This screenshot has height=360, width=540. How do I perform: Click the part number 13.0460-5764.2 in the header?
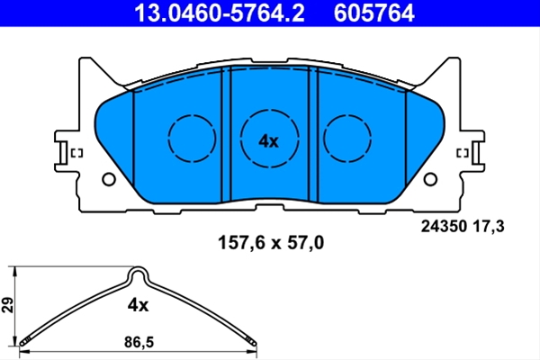(x=220, y=13)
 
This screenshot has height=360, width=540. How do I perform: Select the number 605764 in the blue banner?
(x=374, y=13)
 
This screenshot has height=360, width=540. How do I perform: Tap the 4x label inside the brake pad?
(x=268, y=141)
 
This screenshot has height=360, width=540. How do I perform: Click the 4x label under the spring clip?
(x=138, y=305)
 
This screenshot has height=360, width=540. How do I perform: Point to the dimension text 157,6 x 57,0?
(x=271, y=242)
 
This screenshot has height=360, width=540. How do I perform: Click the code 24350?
(x=444, y=226)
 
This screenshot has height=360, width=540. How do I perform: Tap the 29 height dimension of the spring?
(x=7, y=304)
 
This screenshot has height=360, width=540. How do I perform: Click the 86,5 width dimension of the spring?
(x=139, y=342)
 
